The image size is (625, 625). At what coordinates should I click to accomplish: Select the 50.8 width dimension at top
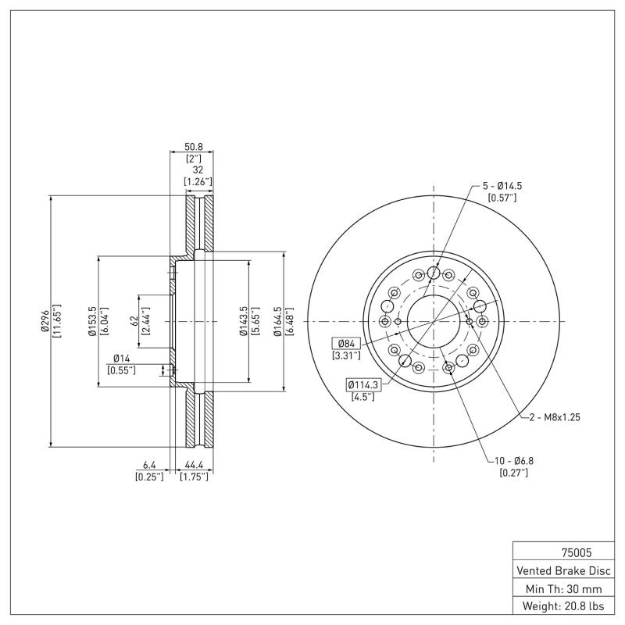193,146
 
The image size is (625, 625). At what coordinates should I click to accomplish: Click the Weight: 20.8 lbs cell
562,606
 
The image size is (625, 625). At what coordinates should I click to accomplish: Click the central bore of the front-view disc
434,321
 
